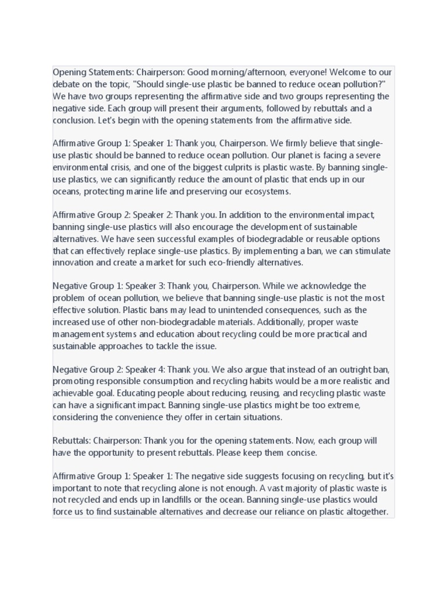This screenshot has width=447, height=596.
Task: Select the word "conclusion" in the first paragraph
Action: [x=76, y=120]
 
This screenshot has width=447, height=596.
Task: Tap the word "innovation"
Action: [x=76, y=262]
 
